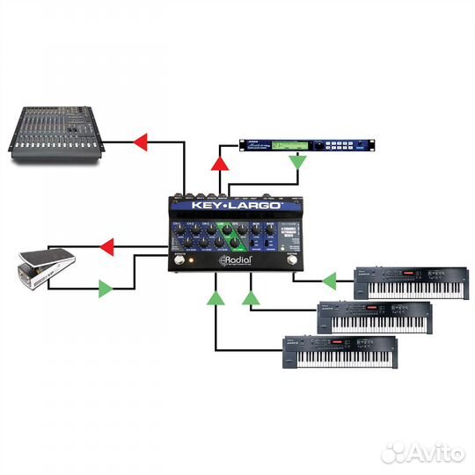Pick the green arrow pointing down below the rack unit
coord(299,162)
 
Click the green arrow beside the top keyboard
coord(329,281)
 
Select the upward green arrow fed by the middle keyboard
coord(252,300)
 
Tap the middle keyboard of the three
coord(374,317)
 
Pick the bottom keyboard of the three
coord(338,352)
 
